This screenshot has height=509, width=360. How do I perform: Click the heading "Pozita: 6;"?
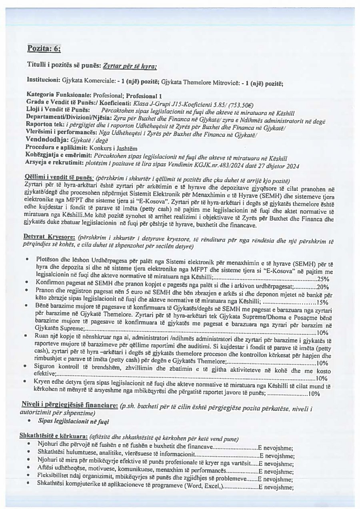pyautogui.click(x=44, y=49)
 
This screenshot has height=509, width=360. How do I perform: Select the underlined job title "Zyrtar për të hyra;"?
pyautogui.click(x=130, y=66)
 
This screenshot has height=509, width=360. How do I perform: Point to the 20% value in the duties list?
pyautogui.click(x=322, y=287)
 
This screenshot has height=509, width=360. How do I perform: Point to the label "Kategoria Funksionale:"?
pyautogui.click(x=59, y=96)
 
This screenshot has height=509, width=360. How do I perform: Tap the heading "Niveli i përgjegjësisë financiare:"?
pyautogui.click(x=68, y=406)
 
